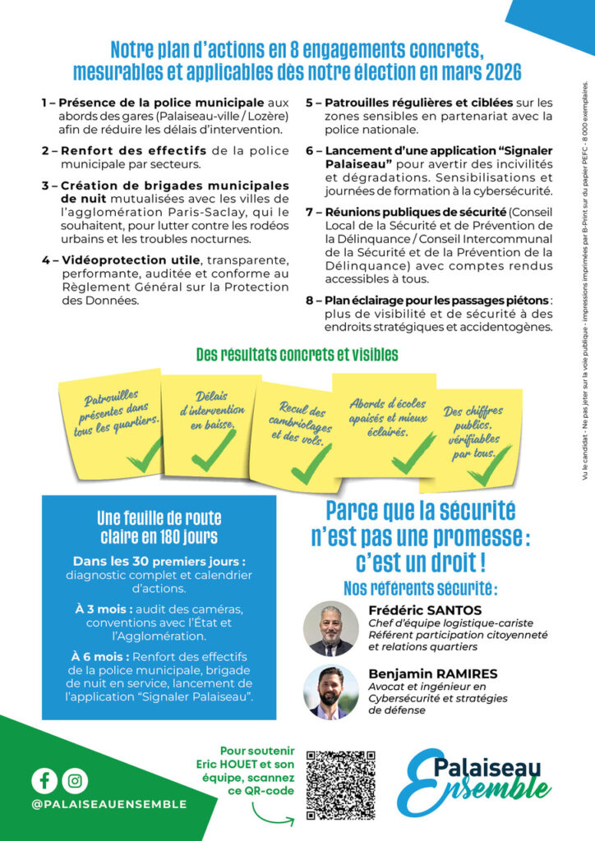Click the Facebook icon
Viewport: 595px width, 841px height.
46,779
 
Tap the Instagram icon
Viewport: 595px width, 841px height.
76,779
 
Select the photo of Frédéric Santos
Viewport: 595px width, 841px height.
331,628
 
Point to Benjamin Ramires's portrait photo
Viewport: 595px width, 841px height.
331,692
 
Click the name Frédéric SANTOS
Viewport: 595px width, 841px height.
425,610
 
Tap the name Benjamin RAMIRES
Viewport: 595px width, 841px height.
433,673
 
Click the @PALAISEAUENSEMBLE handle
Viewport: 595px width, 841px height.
109,804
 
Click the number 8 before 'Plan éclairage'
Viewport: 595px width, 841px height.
310,301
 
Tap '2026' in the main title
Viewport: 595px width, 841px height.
496,72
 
